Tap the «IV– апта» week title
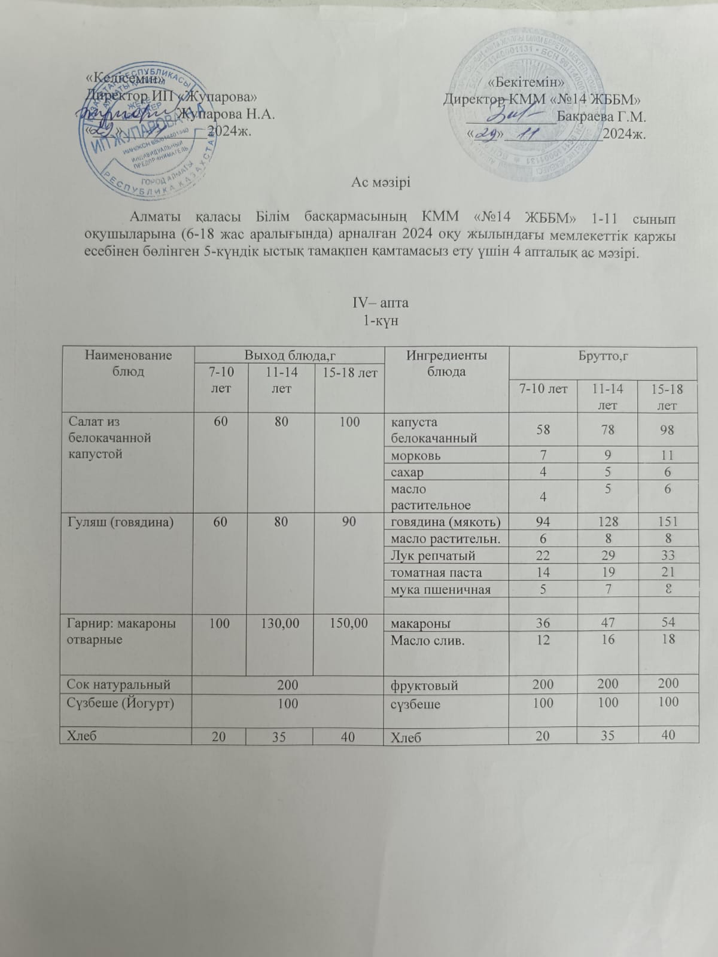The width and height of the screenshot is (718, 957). pos(381,303)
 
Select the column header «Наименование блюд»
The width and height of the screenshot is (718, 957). pos(128,363)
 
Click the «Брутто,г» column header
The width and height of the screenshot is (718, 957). pos(603,356)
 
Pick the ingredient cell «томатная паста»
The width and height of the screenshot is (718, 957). pos(436,573)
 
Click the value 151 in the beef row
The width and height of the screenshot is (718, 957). pos(667,522)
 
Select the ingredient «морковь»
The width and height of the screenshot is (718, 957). pos(416,456)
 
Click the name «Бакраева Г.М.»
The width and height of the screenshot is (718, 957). pos(601,116)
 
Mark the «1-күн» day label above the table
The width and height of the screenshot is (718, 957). pos(381,321)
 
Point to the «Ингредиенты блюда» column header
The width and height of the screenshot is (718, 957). pos(446,363)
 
